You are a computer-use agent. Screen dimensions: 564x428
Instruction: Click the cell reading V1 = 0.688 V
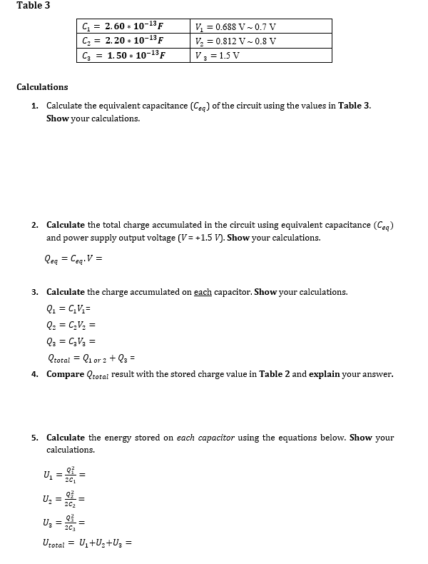tap(235, 27)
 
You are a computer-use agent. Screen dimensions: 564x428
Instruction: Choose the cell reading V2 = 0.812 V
tap(235, 41)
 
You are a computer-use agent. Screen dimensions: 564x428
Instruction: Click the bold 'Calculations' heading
tap(42, 87)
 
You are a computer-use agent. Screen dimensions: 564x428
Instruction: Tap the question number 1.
tap(34, 106)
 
